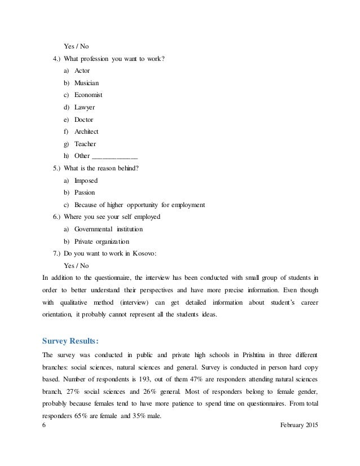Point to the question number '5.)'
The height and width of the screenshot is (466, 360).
56,168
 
